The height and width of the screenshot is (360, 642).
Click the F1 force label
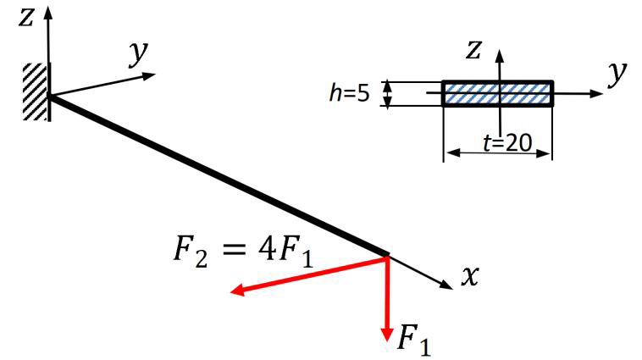414,340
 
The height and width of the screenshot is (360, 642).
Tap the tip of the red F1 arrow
387,341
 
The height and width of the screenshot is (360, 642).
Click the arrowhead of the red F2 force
238,290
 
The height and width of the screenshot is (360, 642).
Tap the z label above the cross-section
473,50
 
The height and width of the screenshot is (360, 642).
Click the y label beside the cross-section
617,74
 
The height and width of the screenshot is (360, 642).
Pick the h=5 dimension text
349,93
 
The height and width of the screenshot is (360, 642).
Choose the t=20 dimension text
507,143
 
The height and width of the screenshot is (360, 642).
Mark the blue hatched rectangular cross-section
498,94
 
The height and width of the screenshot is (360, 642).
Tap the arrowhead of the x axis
446,285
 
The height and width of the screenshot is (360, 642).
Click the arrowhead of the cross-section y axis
597,93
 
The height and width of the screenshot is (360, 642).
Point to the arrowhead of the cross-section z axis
500,55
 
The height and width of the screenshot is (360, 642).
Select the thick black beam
219,175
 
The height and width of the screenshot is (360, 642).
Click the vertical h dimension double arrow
387,94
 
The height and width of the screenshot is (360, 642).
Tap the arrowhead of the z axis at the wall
48,13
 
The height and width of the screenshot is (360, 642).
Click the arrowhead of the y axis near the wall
149,75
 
